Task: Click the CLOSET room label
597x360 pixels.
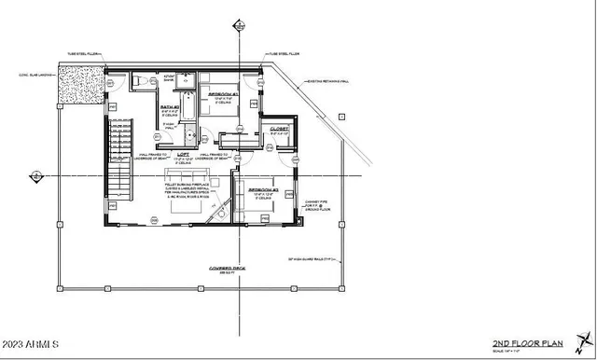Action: click(x=279, y=128)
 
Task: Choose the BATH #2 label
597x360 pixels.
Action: click(x=169, y=108)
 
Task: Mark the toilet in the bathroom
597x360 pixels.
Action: click(x=137, y=83)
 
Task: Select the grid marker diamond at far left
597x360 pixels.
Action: click(x=35, y=175)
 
